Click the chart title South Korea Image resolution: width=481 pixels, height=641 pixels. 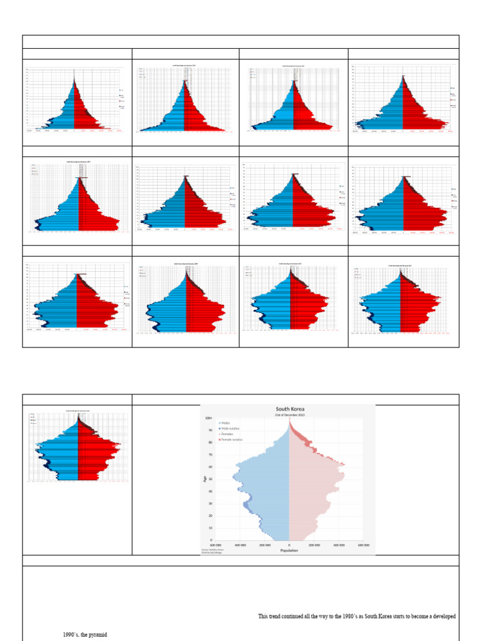click(x=289, y=409)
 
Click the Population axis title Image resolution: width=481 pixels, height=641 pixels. click(x=289, y=551)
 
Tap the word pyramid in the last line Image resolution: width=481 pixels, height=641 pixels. click(x=97, y=635)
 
